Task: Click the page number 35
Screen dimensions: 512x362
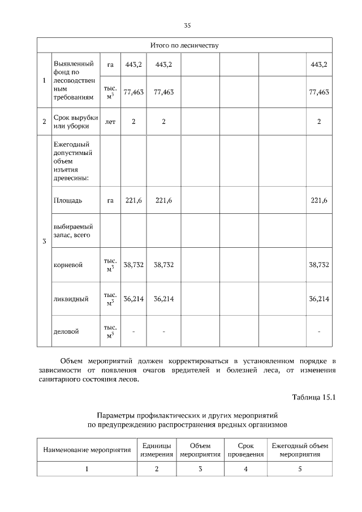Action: (187, 25)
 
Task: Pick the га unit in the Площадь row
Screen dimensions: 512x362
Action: (110, 200)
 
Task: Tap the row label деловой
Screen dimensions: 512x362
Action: (66, 332)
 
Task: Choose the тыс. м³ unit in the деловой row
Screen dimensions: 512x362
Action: (110, 332)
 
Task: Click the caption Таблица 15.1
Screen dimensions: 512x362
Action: (314, 397)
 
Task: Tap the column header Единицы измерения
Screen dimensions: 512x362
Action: (157, 450)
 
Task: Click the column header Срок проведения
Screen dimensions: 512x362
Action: (245, 450)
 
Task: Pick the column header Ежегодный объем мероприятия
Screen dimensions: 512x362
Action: (300, 450)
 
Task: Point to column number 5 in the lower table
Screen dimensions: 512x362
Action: (300, 468)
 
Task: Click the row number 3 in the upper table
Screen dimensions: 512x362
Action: (44, 243)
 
